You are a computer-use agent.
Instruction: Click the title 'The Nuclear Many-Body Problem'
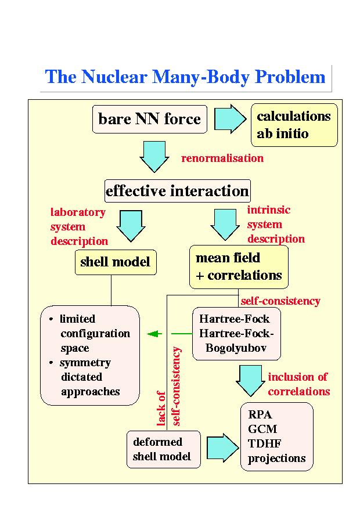coord(185,77)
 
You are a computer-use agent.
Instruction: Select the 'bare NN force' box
coord(150,120)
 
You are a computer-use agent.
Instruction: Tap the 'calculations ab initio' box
coord(294,125)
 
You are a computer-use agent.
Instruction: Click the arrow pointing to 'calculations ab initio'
coord(231,119)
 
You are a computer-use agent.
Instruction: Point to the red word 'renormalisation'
coord(222,158)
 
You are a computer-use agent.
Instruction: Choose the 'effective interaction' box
coord(177,191)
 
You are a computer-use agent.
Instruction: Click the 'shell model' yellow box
coord(115,262)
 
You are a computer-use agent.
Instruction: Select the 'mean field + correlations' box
coord(239,266)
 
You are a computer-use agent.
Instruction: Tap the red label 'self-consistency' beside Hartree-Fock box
coord(280,301)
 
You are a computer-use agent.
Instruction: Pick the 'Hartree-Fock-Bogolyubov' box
coord(236,334)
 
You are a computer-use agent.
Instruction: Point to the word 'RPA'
coord(260,415)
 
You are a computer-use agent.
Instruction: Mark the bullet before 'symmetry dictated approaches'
coord(52,363)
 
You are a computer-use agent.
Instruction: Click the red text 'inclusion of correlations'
coord(299,384)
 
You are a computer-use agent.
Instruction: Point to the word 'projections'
coord(277,459)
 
